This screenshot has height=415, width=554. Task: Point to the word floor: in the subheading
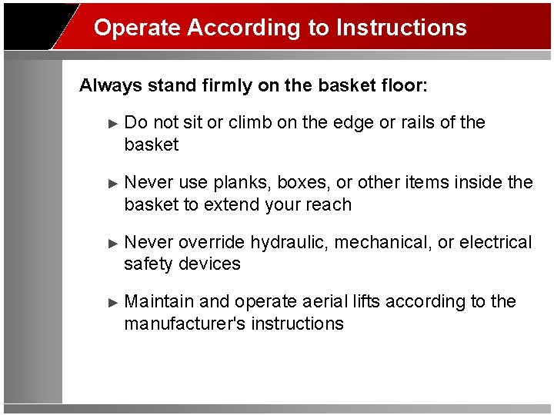pyautogui.click(x=397, y=85)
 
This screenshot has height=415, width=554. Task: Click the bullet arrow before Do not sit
pyautogui.click(x=114, y=123)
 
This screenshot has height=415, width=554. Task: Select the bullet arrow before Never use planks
pyautogui.click(x=114, y=183)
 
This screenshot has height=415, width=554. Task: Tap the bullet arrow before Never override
pyautogui.click(x=114, y=243)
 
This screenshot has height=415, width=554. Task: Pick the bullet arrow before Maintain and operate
pyautogui.click(x=114, y=302)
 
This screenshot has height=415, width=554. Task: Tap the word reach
pyautogui.click(x=331, y=205)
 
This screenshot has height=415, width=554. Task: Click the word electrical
pyautogui.click(x=495, y=243)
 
